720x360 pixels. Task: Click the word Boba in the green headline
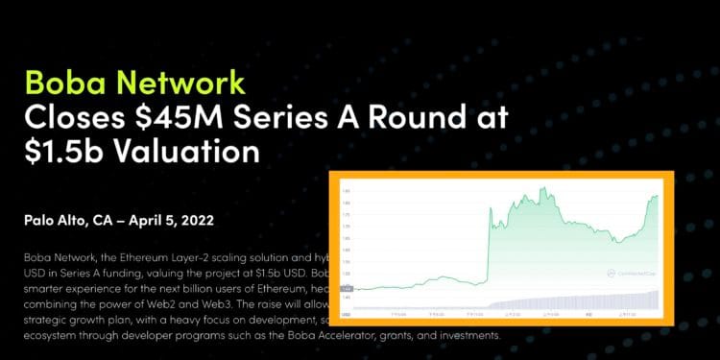[x=66, y=81]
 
